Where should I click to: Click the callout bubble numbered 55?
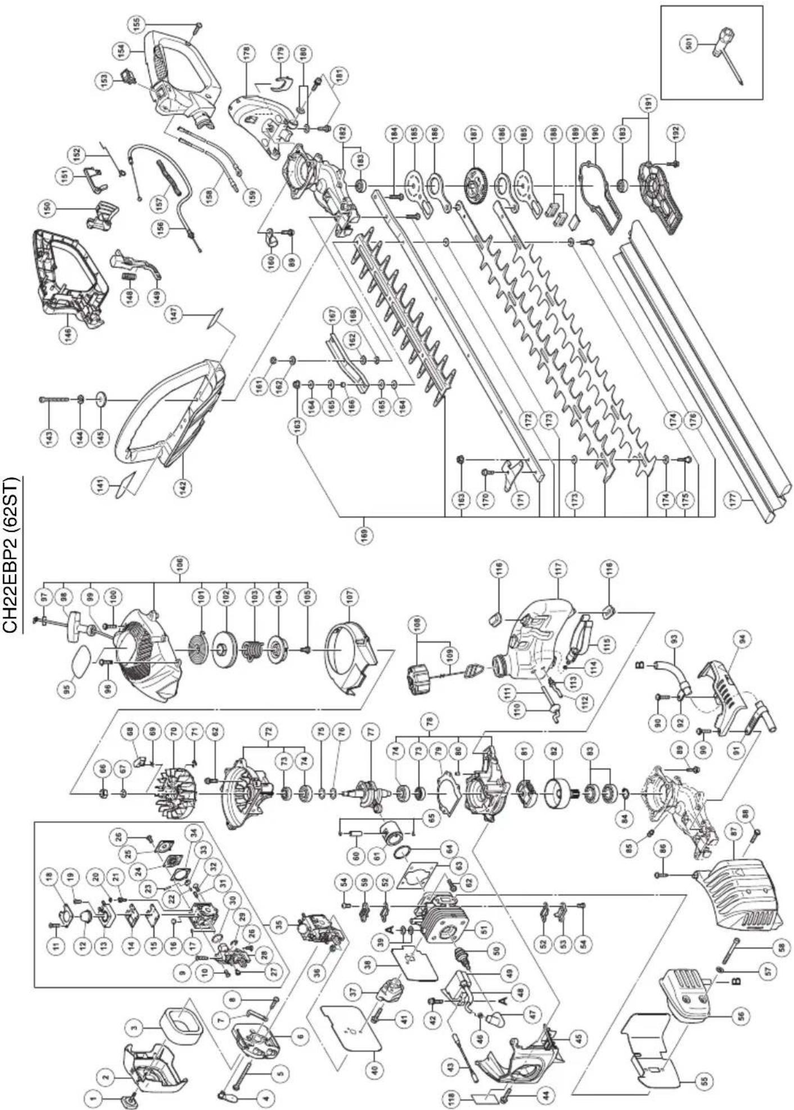(x=705, y=1080)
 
